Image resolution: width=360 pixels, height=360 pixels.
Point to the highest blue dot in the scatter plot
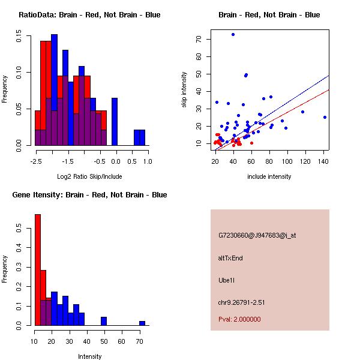tap(233, 35)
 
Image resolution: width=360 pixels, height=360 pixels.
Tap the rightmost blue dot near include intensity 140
tap(325, 117)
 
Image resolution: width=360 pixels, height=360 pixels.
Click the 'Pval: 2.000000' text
tap(239, 319)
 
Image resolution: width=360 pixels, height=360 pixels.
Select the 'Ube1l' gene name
tap(227, 280)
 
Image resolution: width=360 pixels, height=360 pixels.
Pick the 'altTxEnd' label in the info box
tap(230, 258)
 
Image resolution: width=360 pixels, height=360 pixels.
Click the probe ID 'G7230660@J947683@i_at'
tap(257, 235)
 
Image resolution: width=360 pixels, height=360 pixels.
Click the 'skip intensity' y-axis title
tap(184, 90)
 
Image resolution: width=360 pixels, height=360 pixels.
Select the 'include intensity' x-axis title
tap(269, 176)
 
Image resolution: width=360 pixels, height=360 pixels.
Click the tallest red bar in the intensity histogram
tap(38, 269)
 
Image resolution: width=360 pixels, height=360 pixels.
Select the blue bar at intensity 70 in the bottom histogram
tap(142, 323)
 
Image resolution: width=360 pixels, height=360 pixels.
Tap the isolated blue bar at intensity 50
tap(104, 321)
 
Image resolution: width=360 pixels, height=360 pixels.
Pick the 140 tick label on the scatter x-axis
tap(324, 161)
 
